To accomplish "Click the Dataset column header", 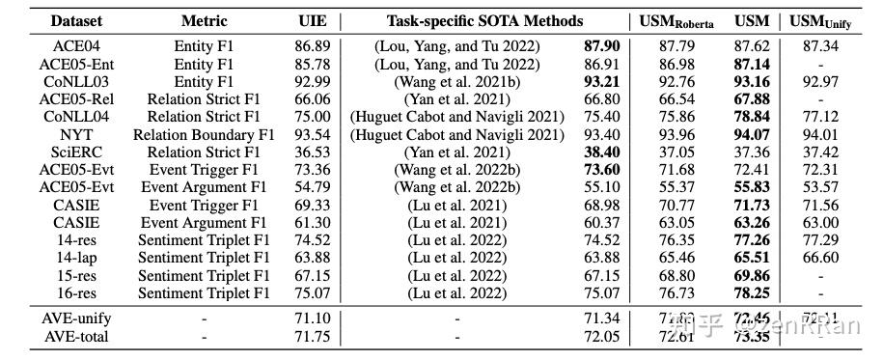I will click(76, 20).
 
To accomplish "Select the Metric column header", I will click(204, 20).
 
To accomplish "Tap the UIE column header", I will click(312, 20).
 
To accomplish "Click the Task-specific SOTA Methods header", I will click(484, 20).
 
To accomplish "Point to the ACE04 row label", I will click(76, 45).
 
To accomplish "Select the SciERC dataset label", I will click(76, 152).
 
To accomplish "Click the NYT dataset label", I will click(76, 134).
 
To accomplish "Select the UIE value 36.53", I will click(312, 152).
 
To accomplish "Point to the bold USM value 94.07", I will click(752, 134).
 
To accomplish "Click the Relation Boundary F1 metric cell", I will click(204, 134).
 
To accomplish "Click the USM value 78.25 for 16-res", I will click(752, 294).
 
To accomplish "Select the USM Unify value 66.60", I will click(821, 259).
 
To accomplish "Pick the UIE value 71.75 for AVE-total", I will click(312, 336).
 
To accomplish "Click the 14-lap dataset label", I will click(76, 259).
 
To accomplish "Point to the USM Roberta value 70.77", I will click(676, 206).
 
